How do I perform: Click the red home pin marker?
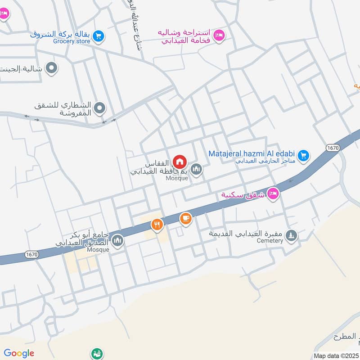pyautogui.click(x=180, y=162)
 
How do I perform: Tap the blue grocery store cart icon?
pyautogui.click(x=99, y=35)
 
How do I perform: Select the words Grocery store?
pyautogui.click(x=72, y=41)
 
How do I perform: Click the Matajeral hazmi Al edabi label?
pyautogui.click(x=252, y=153)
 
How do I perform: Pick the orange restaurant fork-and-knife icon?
pyautogui.click(x=157, y=224)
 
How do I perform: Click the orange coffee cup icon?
pyautogui.click(x=185, y=219)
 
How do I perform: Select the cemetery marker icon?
pyautogui.click(x=292, y=235)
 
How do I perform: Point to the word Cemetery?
pyautogui.click(x=270, y=241)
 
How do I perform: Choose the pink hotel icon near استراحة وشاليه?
pyautogui.click(x=219, y=35)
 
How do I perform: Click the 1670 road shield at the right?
pyautogui.click(x=333, y=148)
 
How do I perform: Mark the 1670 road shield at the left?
pyautogui.click(x=32, y=255)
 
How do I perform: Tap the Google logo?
pyautogui.click(x=19, y=353)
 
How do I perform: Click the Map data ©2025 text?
pyautogui.click(x=336, y=355)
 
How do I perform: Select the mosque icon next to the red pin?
pyautogui.click(x=196, y=169)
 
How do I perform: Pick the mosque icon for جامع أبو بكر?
pyautogui.click(x=117, y=241)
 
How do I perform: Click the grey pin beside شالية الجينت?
pyautogui.click(x=52, y=68)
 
